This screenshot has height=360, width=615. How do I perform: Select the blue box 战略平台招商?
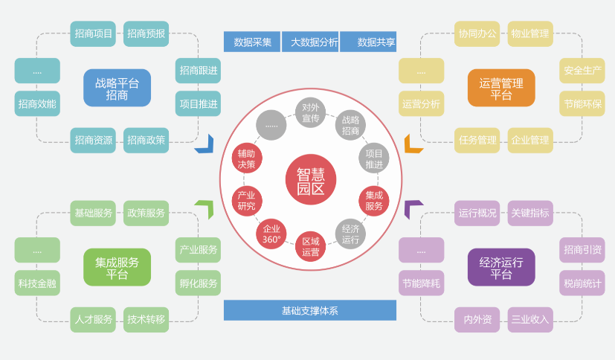pos(117,88)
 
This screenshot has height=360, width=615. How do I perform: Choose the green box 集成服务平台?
pos(117,267)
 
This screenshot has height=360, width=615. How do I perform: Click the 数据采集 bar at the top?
pos(252,42)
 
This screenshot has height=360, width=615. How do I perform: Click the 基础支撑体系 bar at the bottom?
pos(309,310)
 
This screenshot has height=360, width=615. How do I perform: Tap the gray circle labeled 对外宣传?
pos(310,113)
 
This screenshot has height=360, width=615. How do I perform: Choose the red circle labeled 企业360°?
pos(271,234)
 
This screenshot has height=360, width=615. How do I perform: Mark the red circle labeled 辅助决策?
pos(246,158)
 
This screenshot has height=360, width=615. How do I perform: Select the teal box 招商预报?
pos(146,33)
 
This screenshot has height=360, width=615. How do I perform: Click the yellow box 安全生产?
pos(582,71)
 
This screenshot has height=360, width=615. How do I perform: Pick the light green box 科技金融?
pos(37,283)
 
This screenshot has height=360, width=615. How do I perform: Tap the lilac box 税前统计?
pos(582,283)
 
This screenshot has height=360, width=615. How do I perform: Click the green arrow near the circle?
pos(204,209)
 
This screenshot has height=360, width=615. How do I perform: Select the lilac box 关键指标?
pos(529,213)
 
